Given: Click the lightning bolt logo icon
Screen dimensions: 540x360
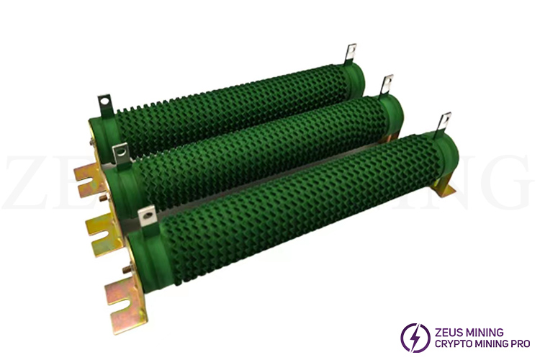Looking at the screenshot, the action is pos(415,338).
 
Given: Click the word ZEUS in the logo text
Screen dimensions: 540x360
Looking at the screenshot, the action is pos(448,333).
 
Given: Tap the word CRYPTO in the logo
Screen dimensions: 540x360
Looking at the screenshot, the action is pos(452,343).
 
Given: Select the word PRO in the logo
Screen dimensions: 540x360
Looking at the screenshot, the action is pos(520,343).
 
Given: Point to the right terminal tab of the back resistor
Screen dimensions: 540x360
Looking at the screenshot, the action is pos(350,54).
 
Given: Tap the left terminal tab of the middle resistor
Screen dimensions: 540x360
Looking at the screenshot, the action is pos(121,153).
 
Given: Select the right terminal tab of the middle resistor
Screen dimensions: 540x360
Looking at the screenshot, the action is pos(387,86).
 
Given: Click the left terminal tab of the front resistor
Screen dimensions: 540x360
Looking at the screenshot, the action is pos(148,216).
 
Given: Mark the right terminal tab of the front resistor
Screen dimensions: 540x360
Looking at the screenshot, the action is pos(444,125).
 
